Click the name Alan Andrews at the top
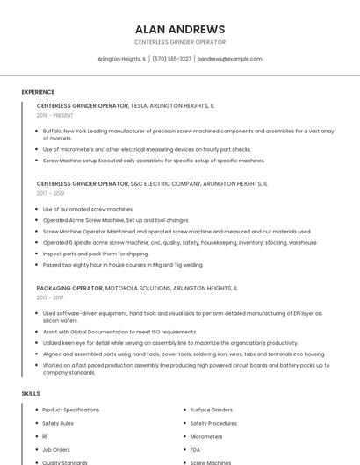coord(180,29)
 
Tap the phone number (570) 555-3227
coord(171,59)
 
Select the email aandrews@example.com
coord(229,59)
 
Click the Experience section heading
coord(38,92)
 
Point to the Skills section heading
coord(31,394)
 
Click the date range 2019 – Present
coord(54,115)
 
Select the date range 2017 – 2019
coord(50,193)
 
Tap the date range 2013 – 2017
coord(50,297)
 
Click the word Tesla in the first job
coord(140,105)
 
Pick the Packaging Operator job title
coord(69,288)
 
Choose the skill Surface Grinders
coord(212,410)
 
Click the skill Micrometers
coord(206,436)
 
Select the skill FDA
coord(195,449)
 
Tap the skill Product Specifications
coord(70,410)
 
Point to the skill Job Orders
coord(56,449)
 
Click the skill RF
coord(45,436)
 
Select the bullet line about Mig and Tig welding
coord(123,264)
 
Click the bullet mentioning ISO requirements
coord(119,332)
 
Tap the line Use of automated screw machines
coord(88,209)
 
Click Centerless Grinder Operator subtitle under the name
coord(180,42)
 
